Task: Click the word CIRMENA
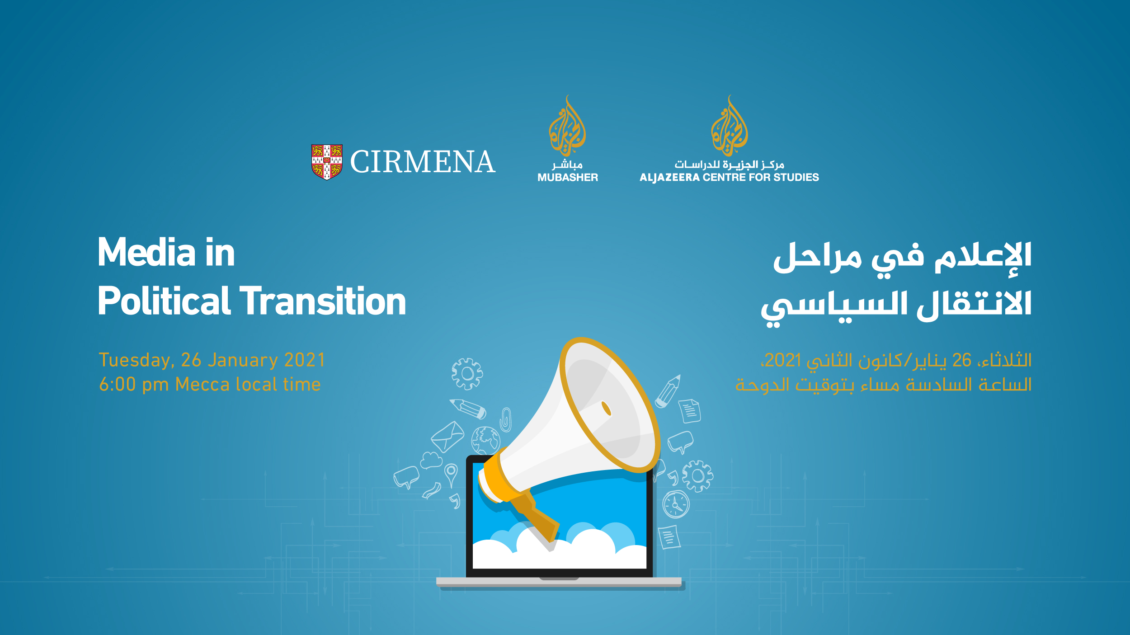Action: click(423, 162)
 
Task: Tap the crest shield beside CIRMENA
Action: click(327, 162)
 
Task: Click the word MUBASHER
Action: click(568, 177)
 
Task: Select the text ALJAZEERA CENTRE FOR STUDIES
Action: click(729, 177)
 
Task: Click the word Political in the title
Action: click(165, 301)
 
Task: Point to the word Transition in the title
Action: click(323, 301)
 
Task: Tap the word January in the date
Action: click(243, 361)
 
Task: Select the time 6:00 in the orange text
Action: click(118, 385)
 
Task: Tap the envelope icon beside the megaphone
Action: click(447, 437)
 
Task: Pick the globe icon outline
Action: click(485, 440)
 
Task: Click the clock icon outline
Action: click(676, 504)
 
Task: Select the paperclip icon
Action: click(506, 419)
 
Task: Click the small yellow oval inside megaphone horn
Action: click(606, 408)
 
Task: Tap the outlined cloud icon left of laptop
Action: click(431, 460)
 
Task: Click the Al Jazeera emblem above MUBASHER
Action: click(567, 126)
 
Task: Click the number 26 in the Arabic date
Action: click(961, 360)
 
